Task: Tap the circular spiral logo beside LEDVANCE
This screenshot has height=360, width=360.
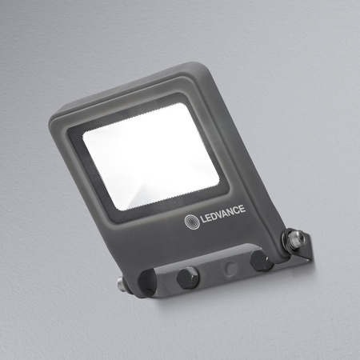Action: [x=193, y=221]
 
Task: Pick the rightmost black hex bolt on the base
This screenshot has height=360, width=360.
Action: [x=258, y=260]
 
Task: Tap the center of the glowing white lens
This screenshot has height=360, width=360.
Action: [x=150, y=155]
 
